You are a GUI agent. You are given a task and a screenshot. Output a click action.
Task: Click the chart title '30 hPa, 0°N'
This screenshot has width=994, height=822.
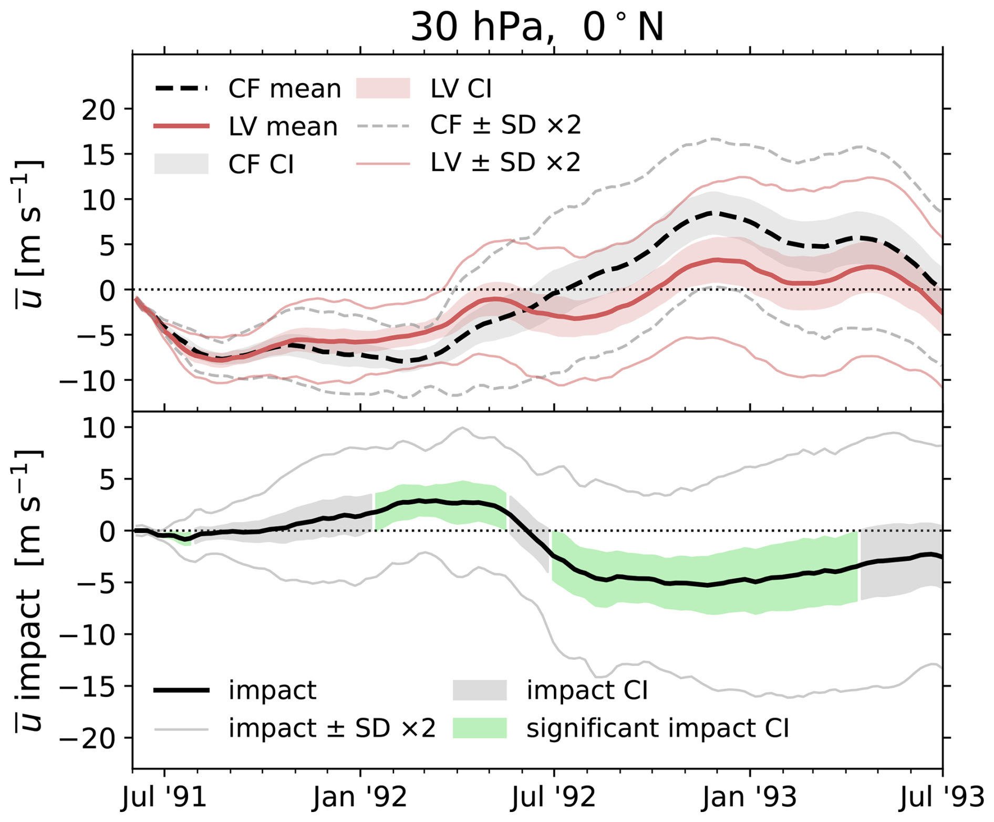tap(537, 26)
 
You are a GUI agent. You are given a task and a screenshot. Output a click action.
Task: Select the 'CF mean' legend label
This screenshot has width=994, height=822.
tap(284, 89)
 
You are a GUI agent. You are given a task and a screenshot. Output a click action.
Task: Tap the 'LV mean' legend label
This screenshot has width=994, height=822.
tap(283, 127)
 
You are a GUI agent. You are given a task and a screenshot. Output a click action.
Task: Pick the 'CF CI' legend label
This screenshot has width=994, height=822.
tap(261, 165)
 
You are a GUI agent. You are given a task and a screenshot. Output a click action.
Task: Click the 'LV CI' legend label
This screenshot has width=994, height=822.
tap(461, 89)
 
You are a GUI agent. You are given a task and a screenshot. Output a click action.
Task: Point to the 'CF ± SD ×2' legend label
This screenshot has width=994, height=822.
tap(505, 126)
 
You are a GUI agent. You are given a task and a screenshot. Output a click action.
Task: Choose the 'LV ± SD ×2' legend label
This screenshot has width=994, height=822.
tap(505, 163)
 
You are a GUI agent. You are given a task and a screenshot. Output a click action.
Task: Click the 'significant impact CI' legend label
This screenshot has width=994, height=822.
tap(658, 729)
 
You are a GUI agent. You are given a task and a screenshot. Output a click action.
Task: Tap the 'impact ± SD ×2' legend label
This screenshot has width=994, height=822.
tap(332, 729)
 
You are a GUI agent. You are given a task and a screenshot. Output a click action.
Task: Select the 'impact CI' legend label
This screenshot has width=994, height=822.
tap(587, 690)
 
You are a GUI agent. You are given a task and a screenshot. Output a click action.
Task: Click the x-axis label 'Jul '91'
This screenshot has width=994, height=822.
tap(164, 798)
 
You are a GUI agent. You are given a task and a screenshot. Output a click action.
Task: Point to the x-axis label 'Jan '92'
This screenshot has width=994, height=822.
tap(360, 798)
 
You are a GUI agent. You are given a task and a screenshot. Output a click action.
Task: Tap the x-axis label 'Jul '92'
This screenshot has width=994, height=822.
tap(554, 798)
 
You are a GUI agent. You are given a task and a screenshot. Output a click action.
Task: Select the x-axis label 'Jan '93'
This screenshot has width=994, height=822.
tap(750, 798)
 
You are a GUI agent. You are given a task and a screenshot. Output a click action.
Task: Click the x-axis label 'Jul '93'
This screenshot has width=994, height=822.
tap(943, 798)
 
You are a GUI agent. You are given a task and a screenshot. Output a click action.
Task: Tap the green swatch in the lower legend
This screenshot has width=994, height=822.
tap(480, 729)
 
